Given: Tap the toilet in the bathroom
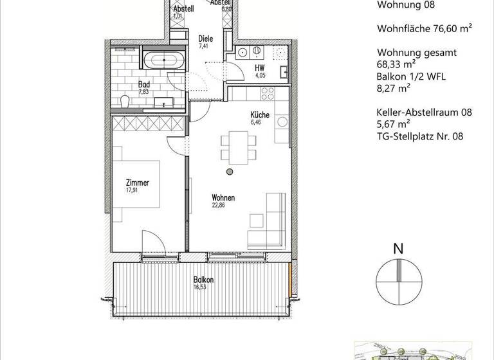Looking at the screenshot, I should pyautogui.click(x=126, y=100).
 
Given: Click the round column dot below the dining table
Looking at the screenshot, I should pyautogui.click(x=229, y=172).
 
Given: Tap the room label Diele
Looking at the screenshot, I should pyautogui.click(x=205, y=38).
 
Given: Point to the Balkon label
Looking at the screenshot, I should pyautogui.click(x=203, y=280).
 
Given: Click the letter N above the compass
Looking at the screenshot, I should pyautogui.click(x=398, y=248).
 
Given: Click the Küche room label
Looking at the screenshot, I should pyautogui.click(x=260, y=116).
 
